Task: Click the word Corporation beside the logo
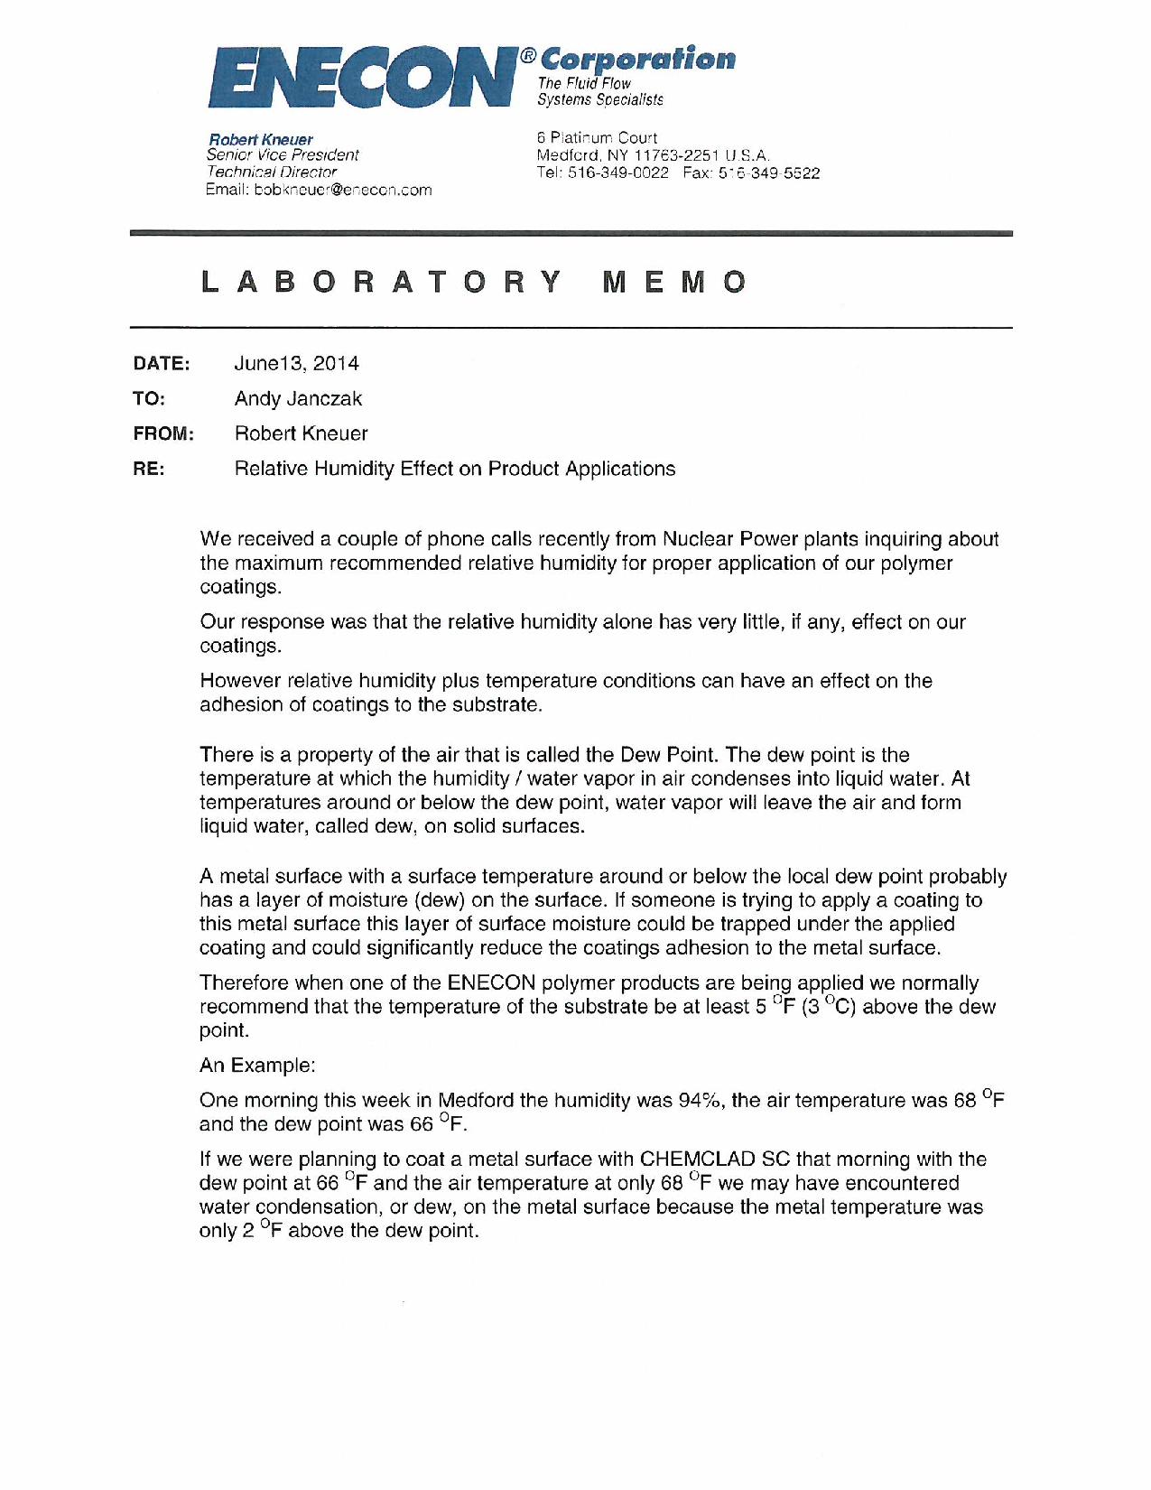tap(638, 60)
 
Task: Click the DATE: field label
tap(162, 363)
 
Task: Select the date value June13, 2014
tap(296, 363)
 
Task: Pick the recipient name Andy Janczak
tap(298, 398)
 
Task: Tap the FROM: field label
tap(163, 433)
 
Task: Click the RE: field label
tap(149, 469)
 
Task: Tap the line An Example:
tap(257, 1065)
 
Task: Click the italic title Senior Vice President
tap(283, 155)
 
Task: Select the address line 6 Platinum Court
tap(597, 138)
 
